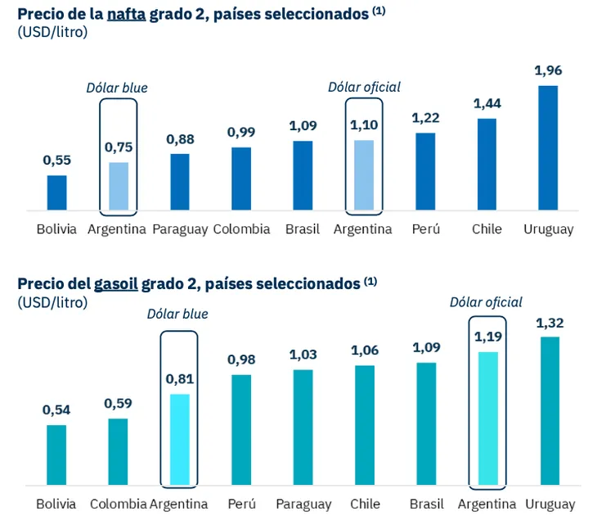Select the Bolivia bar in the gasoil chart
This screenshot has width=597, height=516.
tap(56, 455)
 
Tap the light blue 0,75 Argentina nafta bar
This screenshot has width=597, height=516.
tap(119, 187)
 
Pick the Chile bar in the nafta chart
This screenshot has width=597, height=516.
tap(487, 165)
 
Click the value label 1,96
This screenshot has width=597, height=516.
tap(548, 70)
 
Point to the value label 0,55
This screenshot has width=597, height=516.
tap(56, 161)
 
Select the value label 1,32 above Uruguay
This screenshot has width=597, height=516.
tap(550, 323)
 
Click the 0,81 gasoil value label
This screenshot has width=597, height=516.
tap(179, 379)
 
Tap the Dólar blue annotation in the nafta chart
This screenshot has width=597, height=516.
tap(118, 88)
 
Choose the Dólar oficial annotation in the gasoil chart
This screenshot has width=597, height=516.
tap(486, 302)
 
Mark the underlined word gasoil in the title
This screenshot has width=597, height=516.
tap(116, 283)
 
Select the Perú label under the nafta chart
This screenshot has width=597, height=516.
tap(425, 229)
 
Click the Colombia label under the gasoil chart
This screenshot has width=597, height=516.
tap(118, 504)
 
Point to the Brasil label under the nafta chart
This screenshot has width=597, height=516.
tap(303, 229)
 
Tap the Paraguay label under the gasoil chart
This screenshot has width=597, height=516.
tap(303, 504)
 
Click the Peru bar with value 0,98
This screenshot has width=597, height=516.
tap(241, 429)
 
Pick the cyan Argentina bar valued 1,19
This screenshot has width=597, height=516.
tap(488, 418)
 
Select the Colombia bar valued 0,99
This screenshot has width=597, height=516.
tap(241, 179)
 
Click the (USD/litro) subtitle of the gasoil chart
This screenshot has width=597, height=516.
tap(52, 301)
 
